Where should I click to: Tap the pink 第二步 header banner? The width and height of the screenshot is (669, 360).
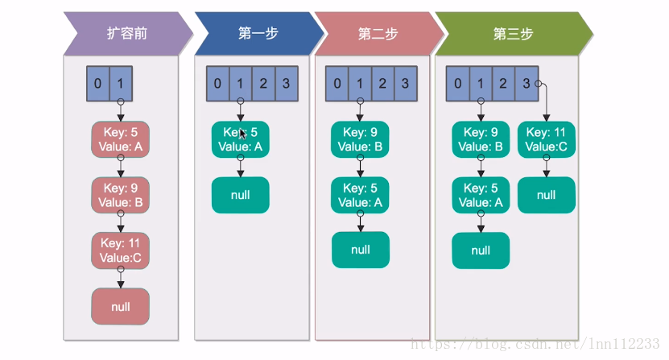coord(377,34)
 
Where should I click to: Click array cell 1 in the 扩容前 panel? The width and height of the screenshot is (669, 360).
coord(120,83)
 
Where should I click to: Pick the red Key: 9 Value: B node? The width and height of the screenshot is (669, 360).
coord(120,195)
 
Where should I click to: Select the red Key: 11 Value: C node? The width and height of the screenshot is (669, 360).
coord(120,250)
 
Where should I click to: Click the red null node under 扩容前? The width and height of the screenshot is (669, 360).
coord(120,306)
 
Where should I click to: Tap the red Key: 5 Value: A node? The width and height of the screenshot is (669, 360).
coord(120,139)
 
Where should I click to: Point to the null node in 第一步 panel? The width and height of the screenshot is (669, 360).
coord(240,195)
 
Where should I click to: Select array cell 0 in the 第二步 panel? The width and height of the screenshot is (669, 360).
coord(337,83)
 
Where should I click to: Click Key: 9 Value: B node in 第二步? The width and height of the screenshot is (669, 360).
coord(360,139)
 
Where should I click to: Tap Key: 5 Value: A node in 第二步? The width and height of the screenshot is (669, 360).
coord(360,195)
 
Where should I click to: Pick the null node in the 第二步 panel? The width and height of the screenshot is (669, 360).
coord(360,250)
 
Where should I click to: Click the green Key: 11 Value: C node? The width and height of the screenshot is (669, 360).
coord(546,139)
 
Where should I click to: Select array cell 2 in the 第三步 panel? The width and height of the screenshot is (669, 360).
coord(503,83)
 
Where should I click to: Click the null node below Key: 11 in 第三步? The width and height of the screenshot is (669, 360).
coord(546,195)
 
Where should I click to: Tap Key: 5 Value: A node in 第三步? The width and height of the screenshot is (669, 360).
coord(481,195)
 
